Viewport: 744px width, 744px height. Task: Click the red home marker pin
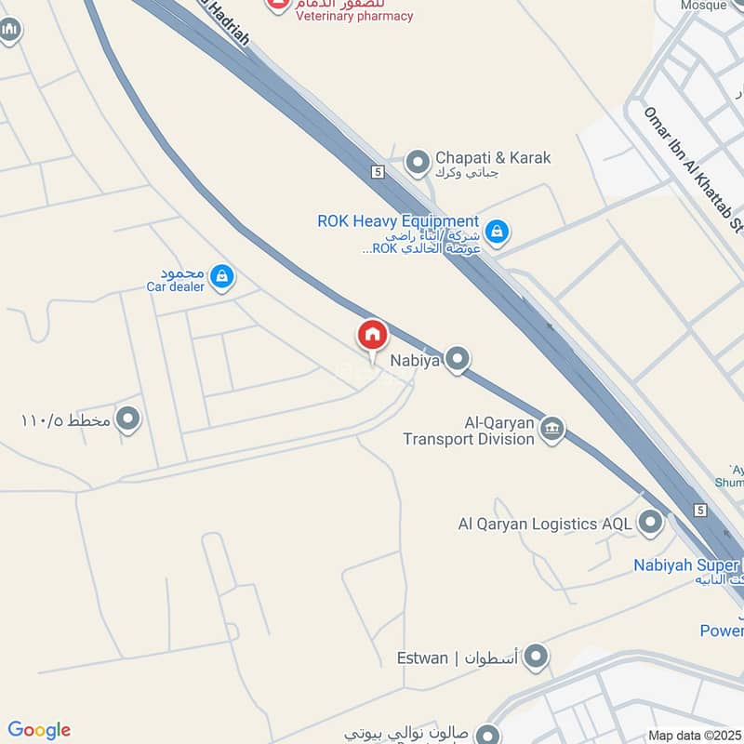[372, 336]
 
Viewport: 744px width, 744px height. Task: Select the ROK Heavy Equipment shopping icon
[497, 231]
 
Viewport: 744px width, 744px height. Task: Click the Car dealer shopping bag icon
[221, 275]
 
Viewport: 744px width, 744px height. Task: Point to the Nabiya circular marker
[457, 358]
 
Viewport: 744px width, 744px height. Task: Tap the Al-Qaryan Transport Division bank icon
[551, 429]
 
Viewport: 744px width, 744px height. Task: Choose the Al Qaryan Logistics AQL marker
[650, 523]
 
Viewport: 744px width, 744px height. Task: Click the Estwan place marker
[536, 658]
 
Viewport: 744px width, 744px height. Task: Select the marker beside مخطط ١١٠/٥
[128, 419]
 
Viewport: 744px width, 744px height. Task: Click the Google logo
[39, 730]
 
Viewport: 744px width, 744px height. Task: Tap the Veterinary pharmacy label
[354, 16]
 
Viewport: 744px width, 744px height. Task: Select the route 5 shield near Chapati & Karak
[378, 172]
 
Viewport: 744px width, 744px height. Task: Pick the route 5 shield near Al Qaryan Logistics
[700, 511]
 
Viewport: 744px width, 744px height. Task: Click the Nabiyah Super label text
[686, 565]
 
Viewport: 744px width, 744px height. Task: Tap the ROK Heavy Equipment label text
[398, 221]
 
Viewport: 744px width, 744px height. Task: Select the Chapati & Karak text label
[493, 157]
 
